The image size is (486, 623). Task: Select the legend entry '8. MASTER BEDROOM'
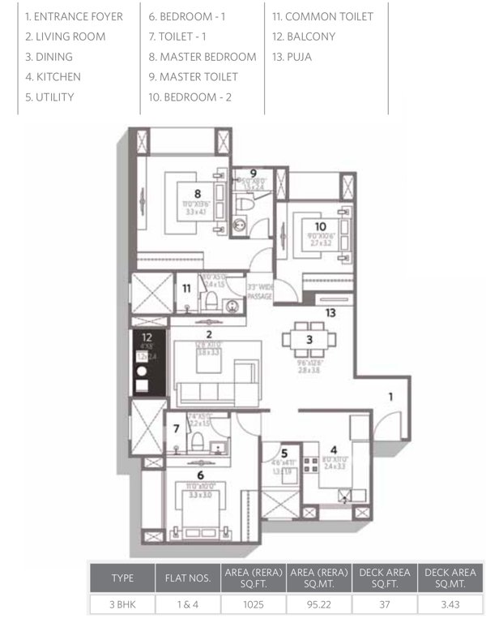pyautogui.click(x=202, y=57)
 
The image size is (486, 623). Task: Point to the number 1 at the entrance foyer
pyautogui.click(x=390, y=397)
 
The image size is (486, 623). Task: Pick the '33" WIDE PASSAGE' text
pyautogui.click(x=259, y=291)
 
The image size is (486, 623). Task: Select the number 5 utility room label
pyautogui.click(x=284, y=455)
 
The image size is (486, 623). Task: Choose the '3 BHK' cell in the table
pyautogui.click(x=122, y=604)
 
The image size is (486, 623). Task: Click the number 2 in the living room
pyautogui.click(x=209, y=334)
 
